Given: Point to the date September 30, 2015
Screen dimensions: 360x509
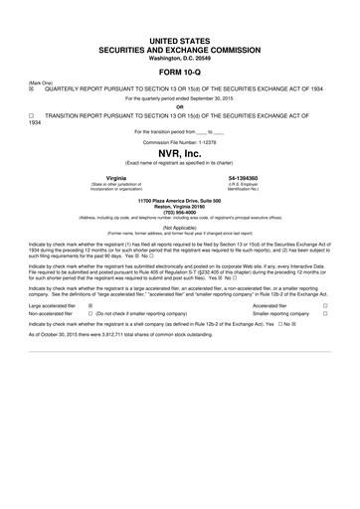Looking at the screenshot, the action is pyautogui.click(x=204, y=97).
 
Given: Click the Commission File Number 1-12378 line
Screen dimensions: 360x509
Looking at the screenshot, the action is pyautogui.click(x=179, y=141).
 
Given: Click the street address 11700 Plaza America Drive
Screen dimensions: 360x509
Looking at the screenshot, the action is pyautogui.click(x=179, y=200).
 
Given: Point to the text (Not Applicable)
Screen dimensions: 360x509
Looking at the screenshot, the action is pyautogui.click(x=179, y=227).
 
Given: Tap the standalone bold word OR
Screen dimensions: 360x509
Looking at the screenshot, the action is pyautogui.click(x=179, y=106).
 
